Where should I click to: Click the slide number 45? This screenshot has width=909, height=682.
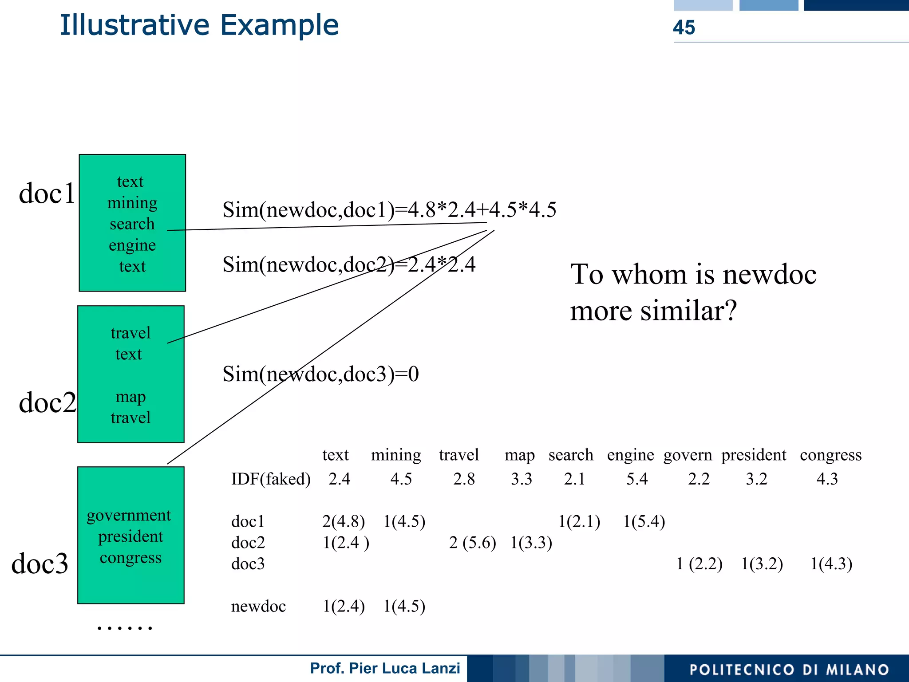coord(684,28)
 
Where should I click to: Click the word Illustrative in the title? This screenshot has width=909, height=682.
coord(134,25)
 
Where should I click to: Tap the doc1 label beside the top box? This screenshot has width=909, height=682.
coord(47,193)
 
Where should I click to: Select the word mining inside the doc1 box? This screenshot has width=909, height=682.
coord(132,203)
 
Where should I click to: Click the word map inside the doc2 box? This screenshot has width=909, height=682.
coord(130,396)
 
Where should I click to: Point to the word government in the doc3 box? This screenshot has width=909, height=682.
coord(129,515)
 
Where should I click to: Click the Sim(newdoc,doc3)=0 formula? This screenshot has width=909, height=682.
coord(320,374)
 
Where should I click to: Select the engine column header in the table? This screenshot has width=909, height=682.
coord(630,455)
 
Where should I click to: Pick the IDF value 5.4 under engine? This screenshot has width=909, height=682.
coord(637,479)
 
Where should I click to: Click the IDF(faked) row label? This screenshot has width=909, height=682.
coord(271,479)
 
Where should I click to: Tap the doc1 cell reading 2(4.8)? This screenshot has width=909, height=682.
coord(344,521)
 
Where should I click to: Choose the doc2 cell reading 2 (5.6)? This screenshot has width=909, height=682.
coord(472,543)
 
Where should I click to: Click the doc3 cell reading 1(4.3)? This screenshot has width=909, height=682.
coord(831,564)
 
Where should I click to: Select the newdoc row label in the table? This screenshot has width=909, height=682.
coord(258,606)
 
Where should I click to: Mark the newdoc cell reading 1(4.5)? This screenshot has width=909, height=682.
coord(404,606)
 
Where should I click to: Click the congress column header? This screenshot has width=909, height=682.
coord(830,455)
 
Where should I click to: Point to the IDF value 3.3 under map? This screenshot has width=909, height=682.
coord(521,479)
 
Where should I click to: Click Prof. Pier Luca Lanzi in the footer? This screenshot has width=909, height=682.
coord(385,668)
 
